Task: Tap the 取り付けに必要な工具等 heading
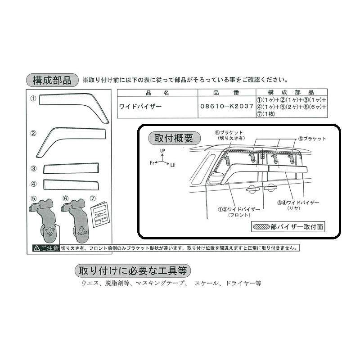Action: tap(132, 271)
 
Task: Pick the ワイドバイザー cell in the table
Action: tap(140, 107)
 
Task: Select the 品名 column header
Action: tap(157, 93)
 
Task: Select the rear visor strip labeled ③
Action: tap(71, 168)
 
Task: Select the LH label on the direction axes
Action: tap(173, 165)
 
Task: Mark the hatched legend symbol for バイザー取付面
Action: tap(261, 227)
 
